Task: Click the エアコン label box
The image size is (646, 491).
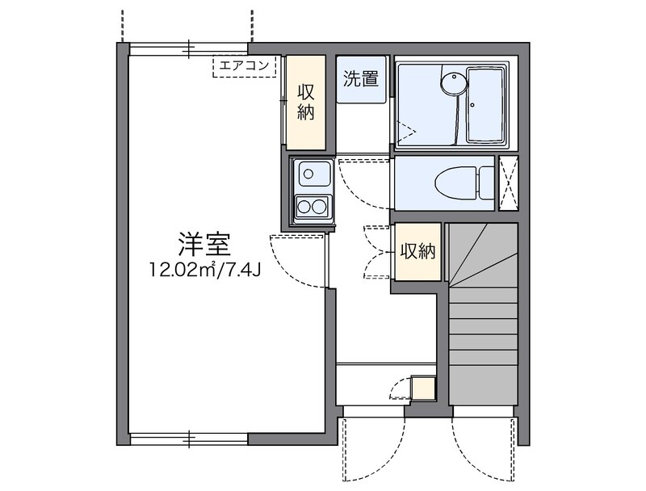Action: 245,66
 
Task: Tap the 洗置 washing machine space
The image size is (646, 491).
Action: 361,79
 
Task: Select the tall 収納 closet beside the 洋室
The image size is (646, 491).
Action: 306,102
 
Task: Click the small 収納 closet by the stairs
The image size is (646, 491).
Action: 417,252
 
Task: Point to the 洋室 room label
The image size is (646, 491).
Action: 203,244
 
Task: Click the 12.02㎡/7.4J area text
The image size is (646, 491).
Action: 205,270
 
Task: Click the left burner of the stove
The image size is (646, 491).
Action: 304,207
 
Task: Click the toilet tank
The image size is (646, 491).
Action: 487,183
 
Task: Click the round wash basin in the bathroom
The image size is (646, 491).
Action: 455,84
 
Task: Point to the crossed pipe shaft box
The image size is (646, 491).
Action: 510,183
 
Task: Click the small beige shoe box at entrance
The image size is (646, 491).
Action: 423,388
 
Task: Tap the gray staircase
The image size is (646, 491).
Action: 483,314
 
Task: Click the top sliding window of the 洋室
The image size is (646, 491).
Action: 189,49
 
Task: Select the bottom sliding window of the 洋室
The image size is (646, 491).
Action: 189,439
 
